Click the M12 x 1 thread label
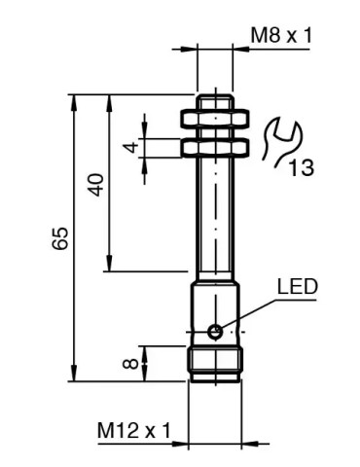tap(133, 429)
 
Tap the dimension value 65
tap(60, 237)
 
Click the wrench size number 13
tap(301, 167)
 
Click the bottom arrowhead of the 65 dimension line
tap(73, 377)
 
